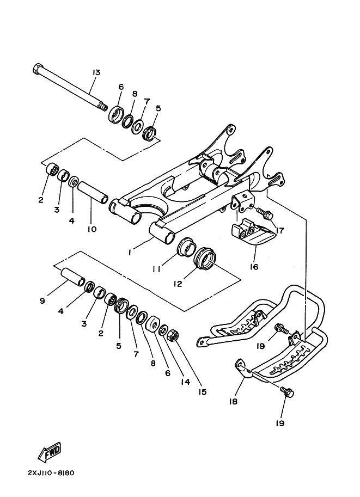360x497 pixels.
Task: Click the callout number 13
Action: pyautogui.click(x=96, y=72)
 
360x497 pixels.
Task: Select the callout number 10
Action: pyautogui.click(x=91, y=229)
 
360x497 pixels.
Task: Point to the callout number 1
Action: pyautogui.click(x=130, y=253)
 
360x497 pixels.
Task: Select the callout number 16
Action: pyautogui.click(x=253, y=267)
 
